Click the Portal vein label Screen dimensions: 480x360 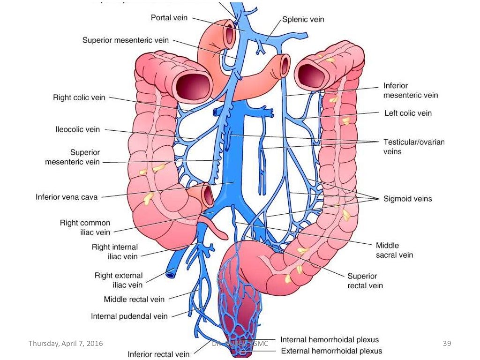[x=169, y=18]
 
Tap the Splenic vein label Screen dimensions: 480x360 [x=303, y=20]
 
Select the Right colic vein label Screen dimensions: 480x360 [x=79, y=98]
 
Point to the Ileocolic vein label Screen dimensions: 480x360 [x=78, y=129]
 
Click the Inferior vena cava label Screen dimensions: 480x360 [x=67, y=197]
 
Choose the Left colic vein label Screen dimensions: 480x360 [x=408, y=113]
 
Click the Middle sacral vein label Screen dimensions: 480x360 [x=394, y=250]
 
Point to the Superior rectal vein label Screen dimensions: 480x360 [x=365, y=280]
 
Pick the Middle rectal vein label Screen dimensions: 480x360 [x=134, y=299]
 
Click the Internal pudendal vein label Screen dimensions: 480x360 [x=129, y=316]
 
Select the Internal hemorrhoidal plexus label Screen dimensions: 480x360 [x=330, y=339]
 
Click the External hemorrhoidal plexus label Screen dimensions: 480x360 [x=331, y=351]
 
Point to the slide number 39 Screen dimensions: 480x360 [x=447, y=344]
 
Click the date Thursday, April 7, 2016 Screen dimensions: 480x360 [x=66, y=344]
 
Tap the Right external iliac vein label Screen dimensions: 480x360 [x=119, y=280]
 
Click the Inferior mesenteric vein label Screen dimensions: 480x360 [x=410, y=90]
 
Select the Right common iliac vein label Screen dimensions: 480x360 [x=85, y=227]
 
